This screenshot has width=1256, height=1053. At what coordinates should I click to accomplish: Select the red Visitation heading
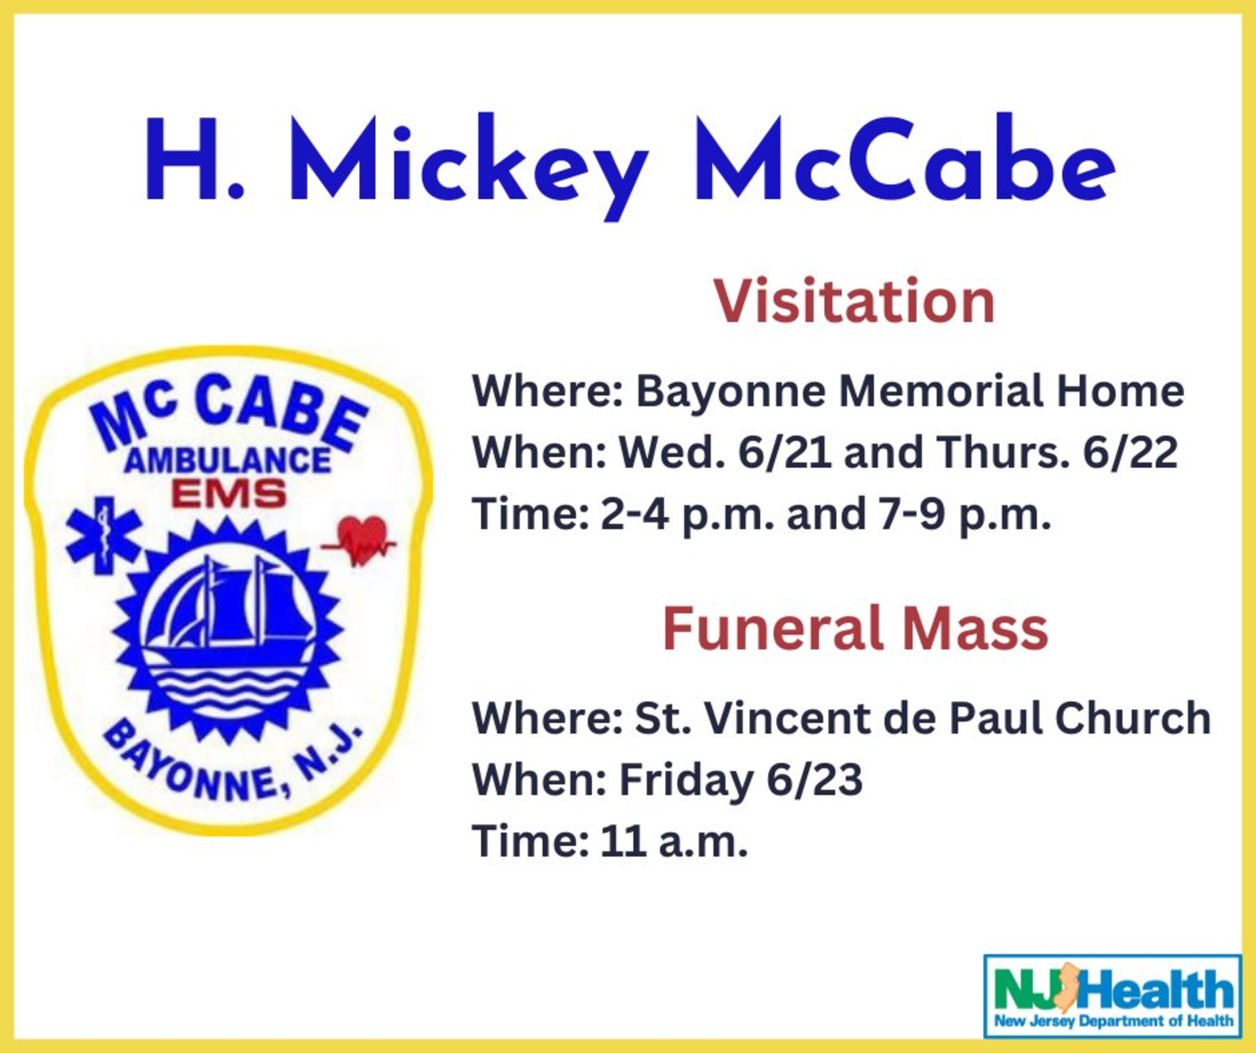(855, 302)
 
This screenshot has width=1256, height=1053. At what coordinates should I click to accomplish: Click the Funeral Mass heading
(855, 628)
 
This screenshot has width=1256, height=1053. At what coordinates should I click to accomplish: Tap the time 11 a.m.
(676, 842)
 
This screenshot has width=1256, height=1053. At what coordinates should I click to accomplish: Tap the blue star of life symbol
(103, 535)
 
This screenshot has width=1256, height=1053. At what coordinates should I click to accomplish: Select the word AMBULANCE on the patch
(229, 461)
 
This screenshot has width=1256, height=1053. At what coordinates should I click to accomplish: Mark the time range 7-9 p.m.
(965, 515)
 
